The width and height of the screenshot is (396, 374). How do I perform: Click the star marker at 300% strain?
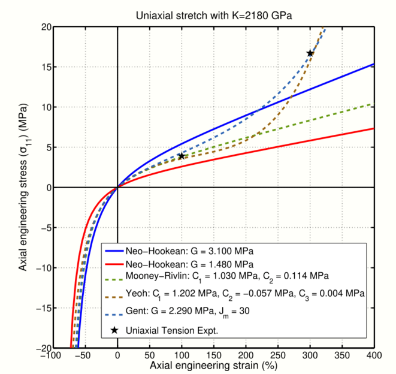pyautogui.click(x=310, y=53)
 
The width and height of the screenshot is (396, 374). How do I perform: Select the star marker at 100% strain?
pyautogui.click(x=182, y=156)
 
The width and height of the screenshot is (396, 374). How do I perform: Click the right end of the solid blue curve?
pyautogui.click(x=374, y=64)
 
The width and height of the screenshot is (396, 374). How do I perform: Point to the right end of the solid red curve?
pyautogui.click(x=374, y=129)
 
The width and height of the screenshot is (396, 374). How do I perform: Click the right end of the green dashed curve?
pyautogui.click(x=374, y=104)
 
